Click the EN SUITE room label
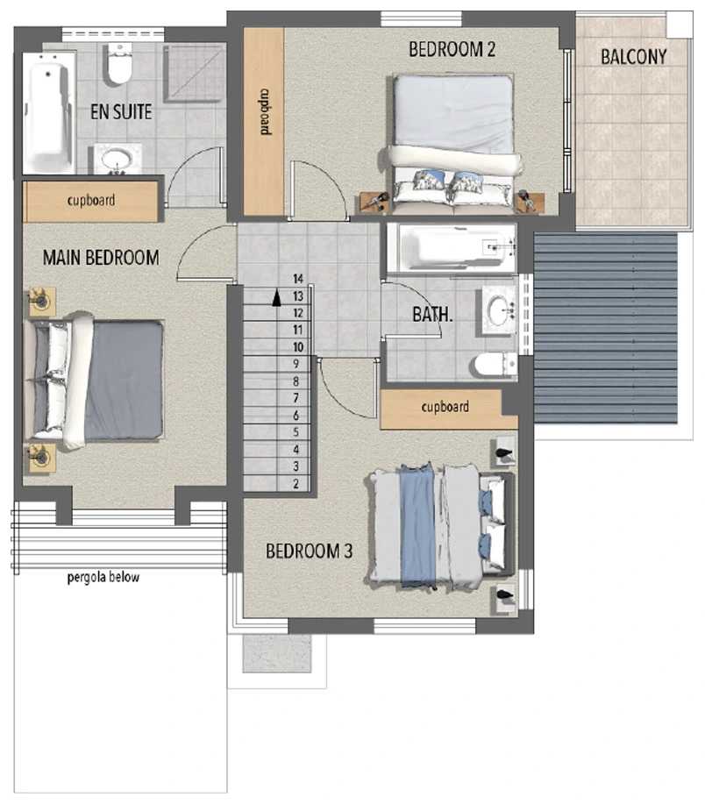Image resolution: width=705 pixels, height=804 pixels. (121, 111)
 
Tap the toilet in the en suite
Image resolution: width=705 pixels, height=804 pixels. (120, 64)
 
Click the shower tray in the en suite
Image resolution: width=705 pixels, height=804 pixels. (195, 74)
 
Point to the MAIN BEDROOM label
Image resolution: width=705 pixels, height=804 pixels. (101, 258)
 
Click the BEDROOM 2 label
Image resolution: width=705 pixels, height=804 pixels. (452, 49)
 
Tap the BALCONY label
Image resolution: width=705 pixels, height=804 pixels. (634, 56)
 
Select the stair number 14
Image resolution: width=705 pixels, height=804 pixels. (298, 279)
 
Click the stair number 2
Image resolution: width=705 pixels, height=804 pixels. (296, 483)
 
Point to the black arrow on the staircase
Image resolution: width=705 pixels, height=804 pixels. (276, 298)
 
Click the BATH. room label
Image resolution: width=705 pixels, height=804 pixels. (433, 314)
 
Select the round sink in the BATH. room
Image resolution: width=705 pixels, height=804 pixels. (498, 310)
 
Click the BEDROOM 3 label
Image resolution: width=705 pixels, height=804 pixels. (310, 551)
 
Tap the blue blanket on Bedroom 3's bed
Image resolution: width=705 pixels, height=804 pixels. (417, 525)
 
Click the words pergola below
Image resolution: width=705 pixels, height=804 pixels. (103, 578)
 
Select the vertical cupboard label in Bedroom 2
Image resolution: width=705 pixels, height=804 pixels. (264, 111)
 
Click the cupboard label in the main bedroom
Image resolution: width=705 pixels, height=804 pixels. (91, 200)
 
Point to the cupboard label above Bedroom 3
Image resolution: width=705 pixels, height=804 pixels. (445, 407)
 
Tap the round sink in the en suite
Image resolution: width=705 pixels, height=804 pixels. (117, 159)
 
